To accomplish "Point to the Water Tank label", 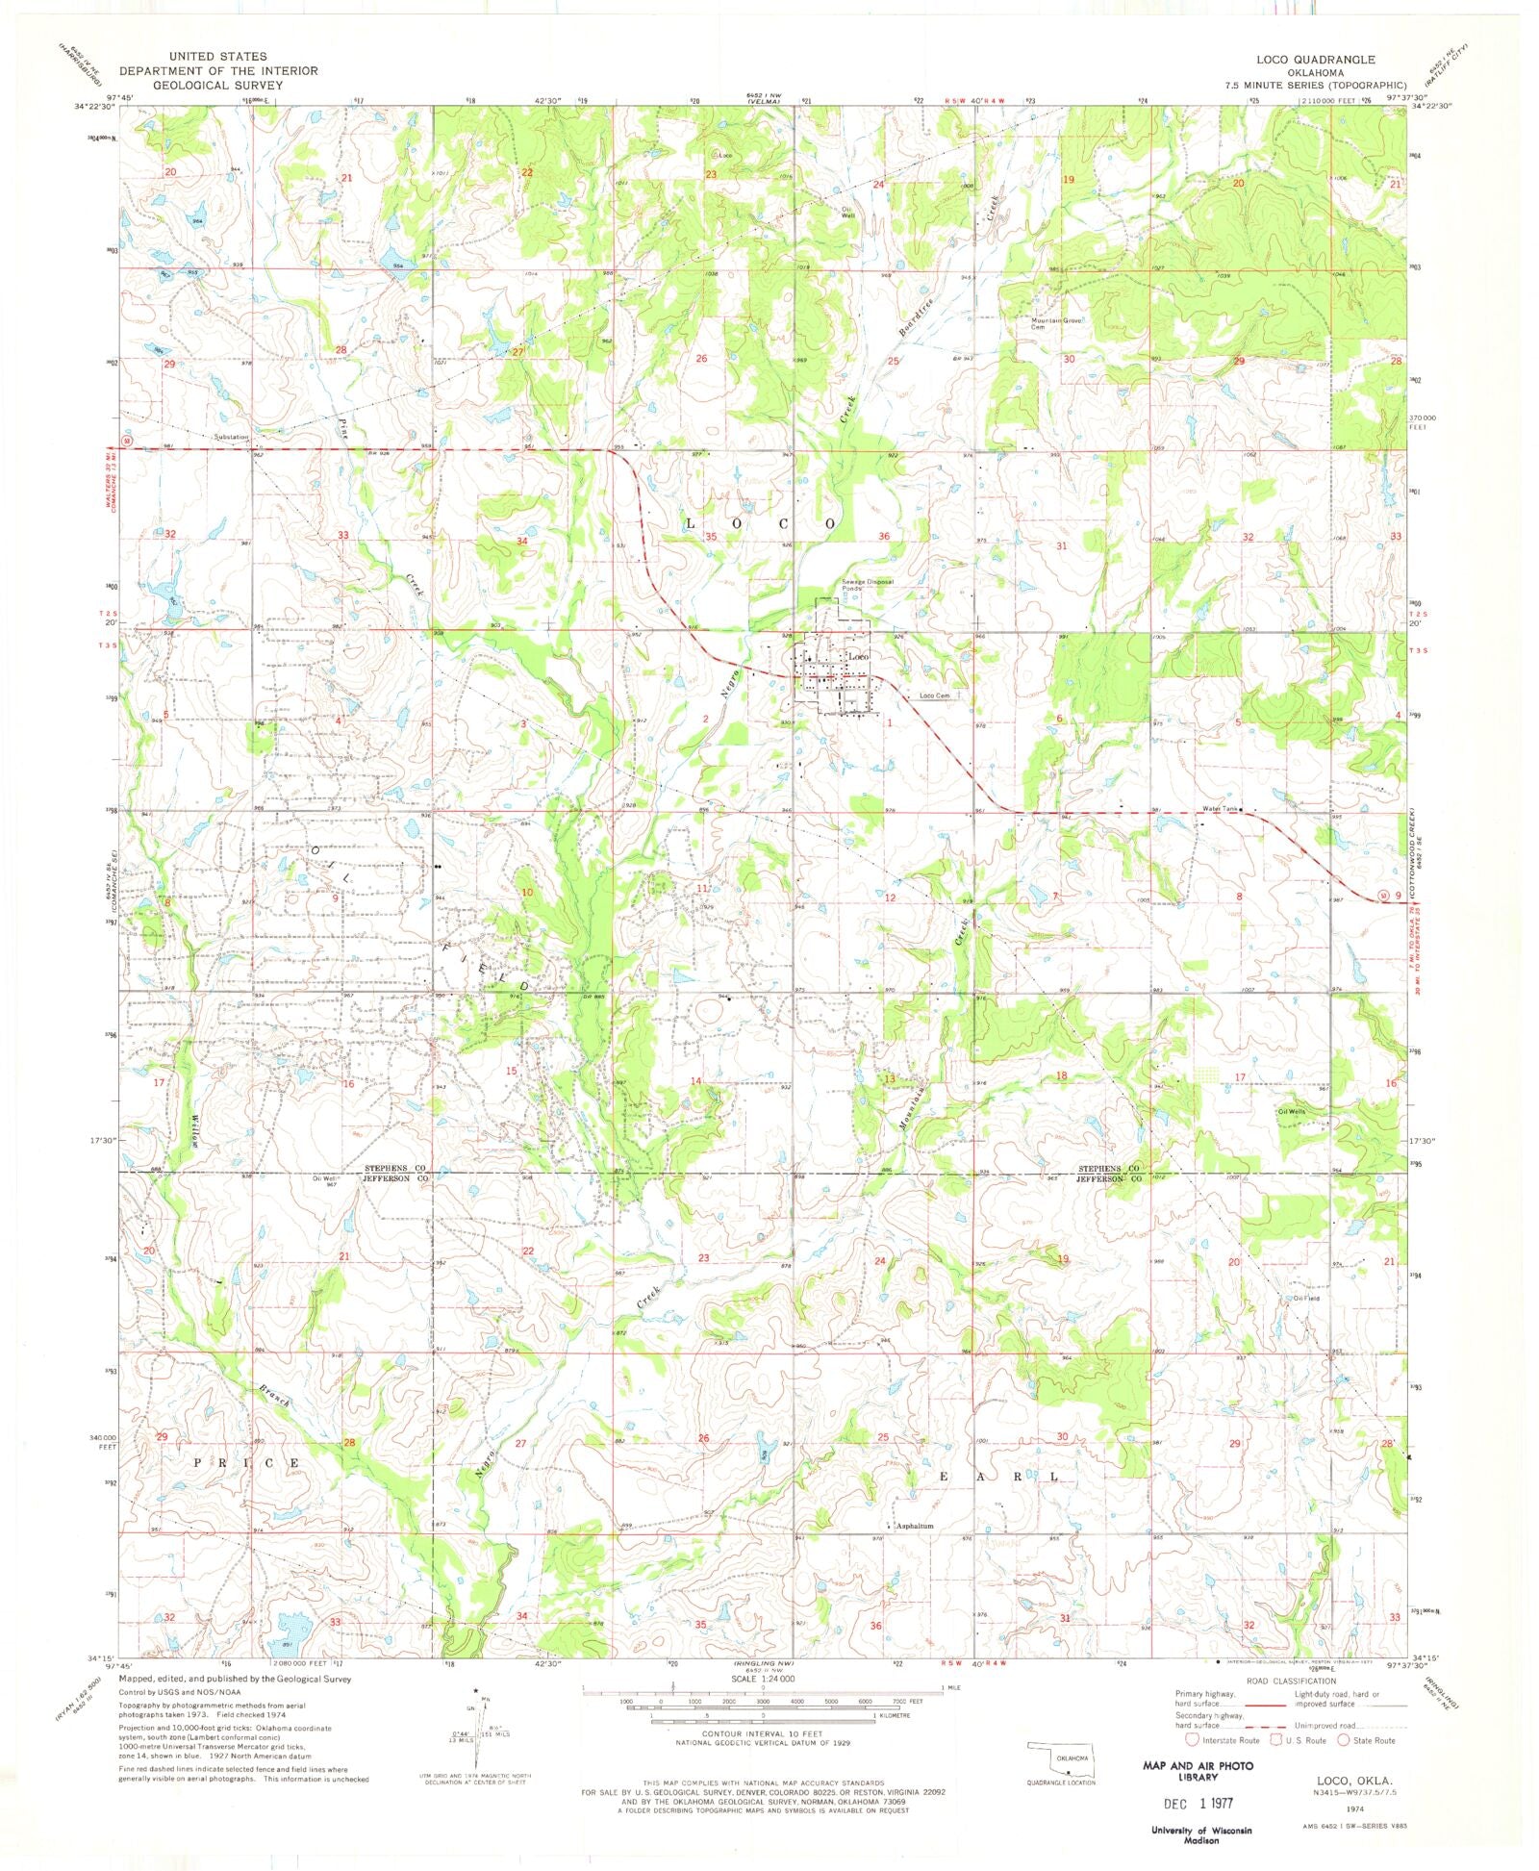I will click(x=1219, y=809).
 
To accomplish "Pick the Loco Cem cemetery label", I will click(x=934, y=695).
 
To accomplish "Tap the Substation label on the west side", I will click(x=232, y=437).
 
